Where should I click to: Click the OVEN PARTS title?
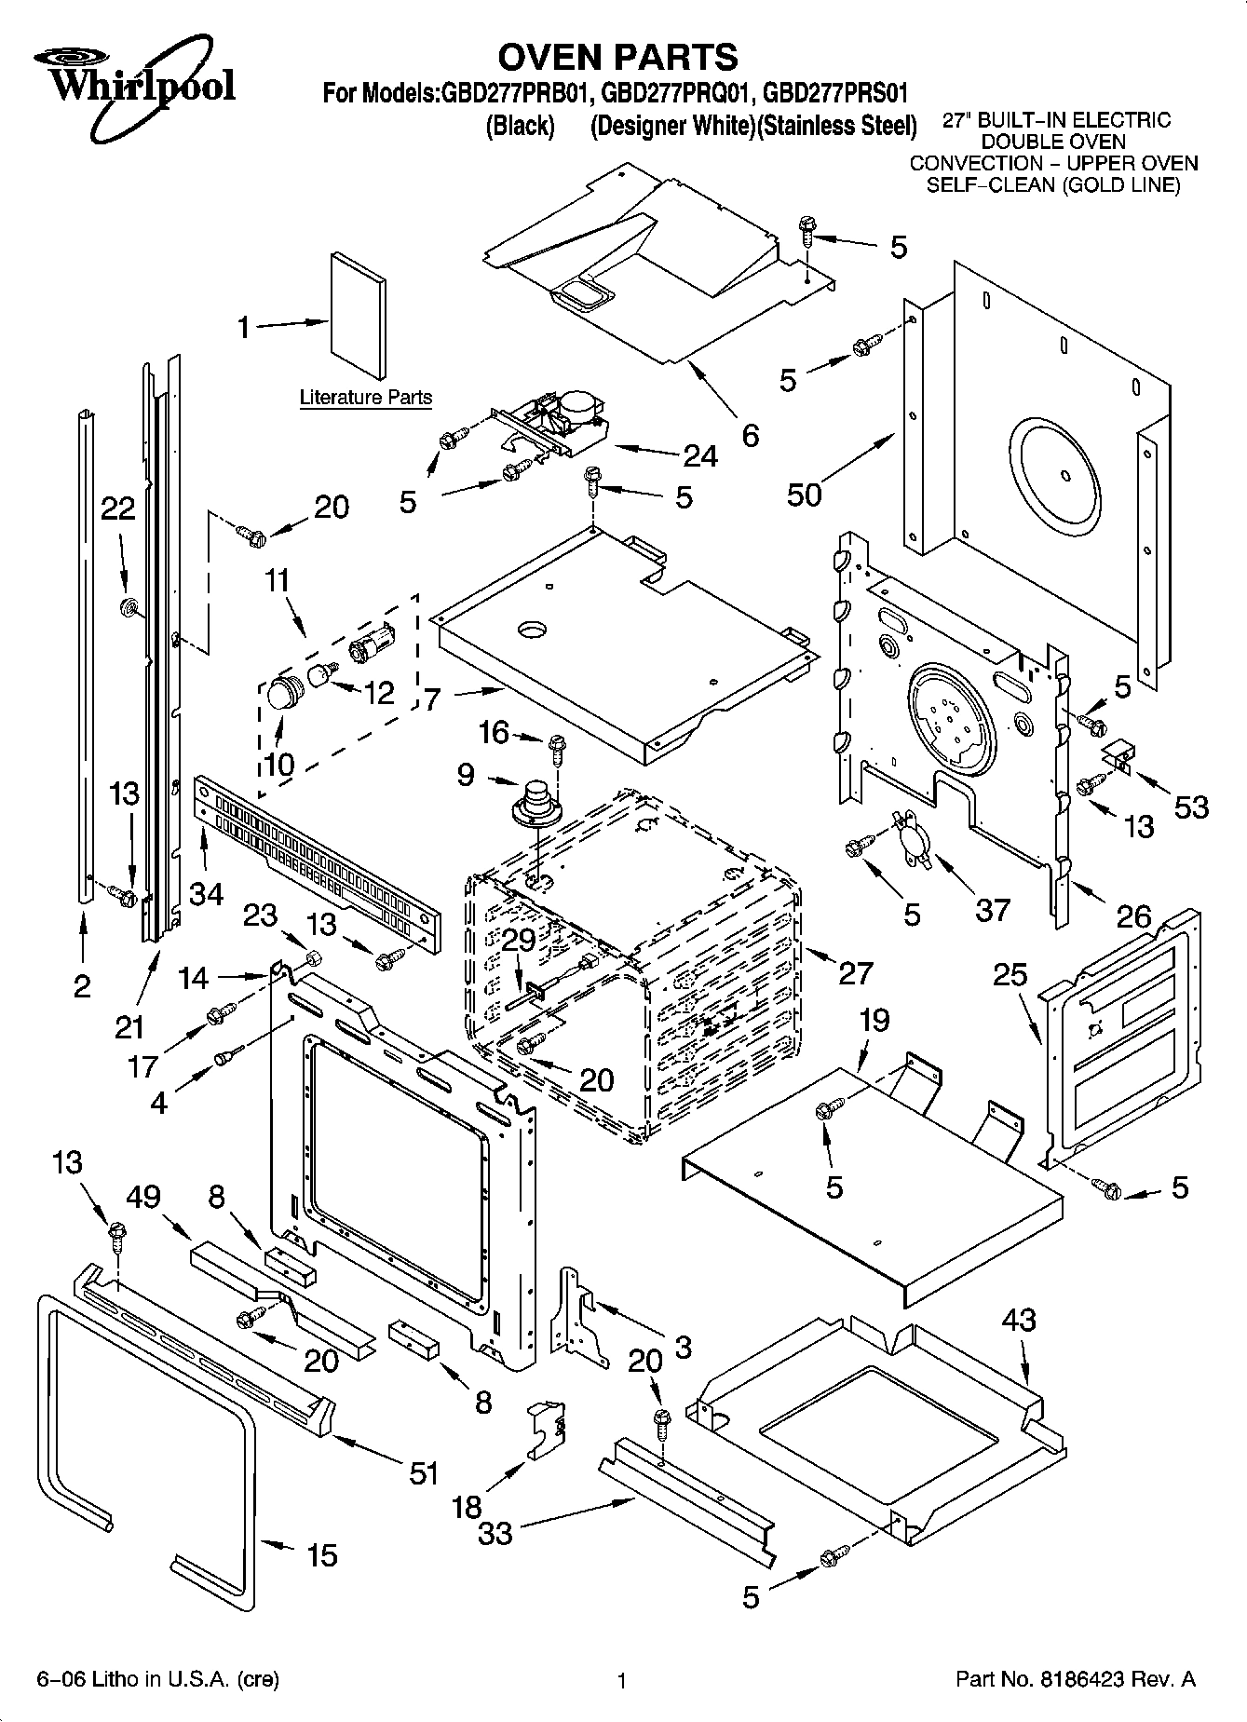(617, 57)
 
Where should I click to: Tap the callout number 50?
(805, 494)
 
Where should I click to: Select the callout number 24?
(699, 455)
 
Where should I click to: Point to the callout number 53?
(1191, 806)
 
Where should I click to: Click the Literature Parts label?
(365, 398)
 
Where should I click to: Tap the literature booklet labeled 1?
(358, 317)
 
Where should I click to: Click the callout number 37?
(992, 909)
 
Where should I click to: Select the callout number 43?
(1019, 1320)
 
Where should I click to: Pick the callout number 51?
(424, 1472)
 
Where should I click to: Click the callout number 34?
(206, 893)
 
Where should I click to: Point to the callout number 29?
(520, 940)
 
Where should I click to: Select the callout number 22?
(117, 508)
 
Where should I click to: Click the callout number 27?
(855, 972)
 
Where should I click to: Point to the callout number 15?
(322, 1554)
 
